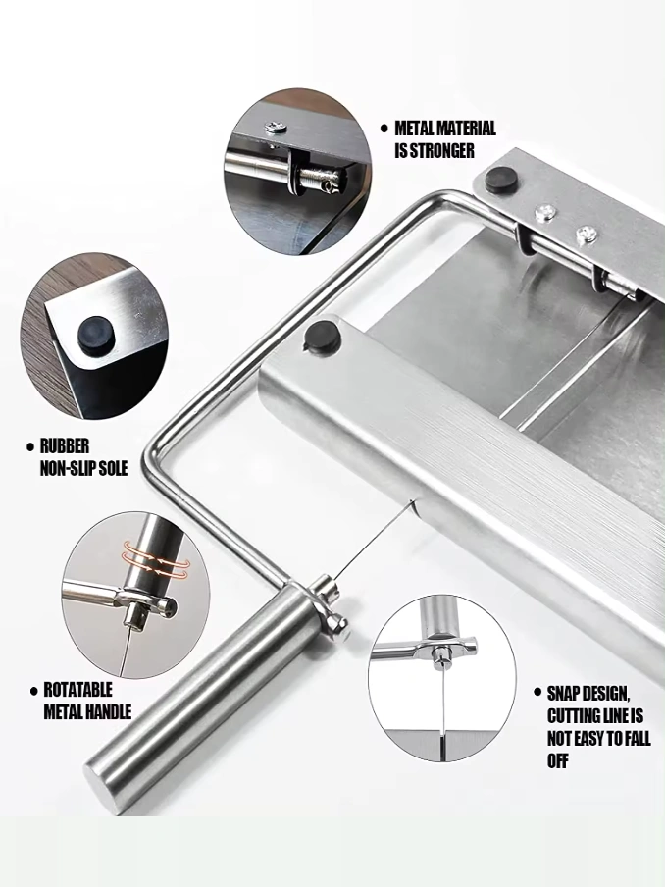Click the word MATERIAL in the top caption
tap(463, 129)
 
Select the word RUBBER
tap(65, 446)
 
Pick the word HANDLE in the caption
tap(108, 712)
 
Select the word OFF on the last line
tap(557, 760)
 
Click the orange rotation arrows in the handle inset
tap(154, 558)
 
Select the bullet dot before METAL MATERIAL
tap(384, 129)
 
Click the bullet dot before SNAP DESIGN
tap(537, 692)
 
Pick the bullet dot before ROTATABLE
tap(33, 692)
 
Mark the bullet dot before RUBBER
tap(30, 446)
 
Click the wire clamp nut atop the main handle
tap(338, 623)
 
